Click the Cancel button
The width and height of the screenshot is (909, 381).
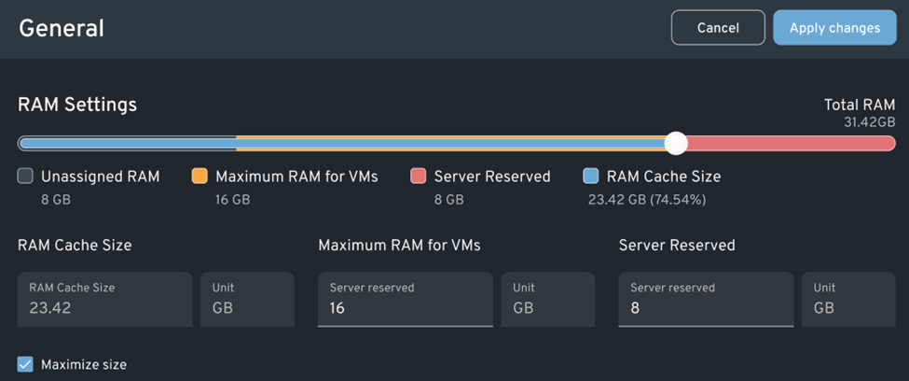pos(718,28)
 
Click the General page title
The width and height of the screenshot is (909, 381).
pos(62,28)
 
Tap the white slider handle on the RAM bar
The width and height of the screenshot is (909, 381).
pos(676,143)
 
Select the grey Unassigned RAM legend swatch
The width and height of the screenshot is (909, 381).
pos(25,176)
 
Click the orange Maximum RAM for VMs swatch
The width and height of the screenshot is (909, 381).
pos(200,176)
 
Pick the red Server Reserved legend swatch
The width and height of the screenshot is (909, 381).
pos(419,176)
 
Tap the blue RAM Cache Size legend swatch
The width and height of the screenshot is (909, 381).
pos(590,176)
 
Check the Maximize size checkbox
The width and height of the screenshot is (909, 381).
pos(25,364)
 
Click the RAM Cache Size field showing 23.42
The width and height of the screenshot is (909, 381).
pos(104,299)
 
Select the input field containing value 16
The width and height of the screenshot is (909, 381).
pos(405,299)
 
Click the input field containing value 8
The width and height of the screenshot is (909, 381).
pos(706,299)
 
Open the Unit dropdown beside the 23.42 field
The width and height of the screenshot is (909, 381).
pos(247,299)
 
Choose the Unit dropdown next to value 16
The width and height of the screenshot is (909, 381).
pos(547,299)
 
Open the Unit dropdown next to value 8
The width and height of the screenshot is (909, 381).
pos(848,299)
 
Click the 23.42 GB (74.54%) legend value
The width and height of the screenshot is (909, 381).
pos(646,199)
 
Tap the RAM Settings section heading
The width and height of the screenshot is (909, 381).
pos(77,105)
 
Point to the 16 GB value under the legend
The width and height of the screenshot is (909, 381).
pos(232,199)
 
